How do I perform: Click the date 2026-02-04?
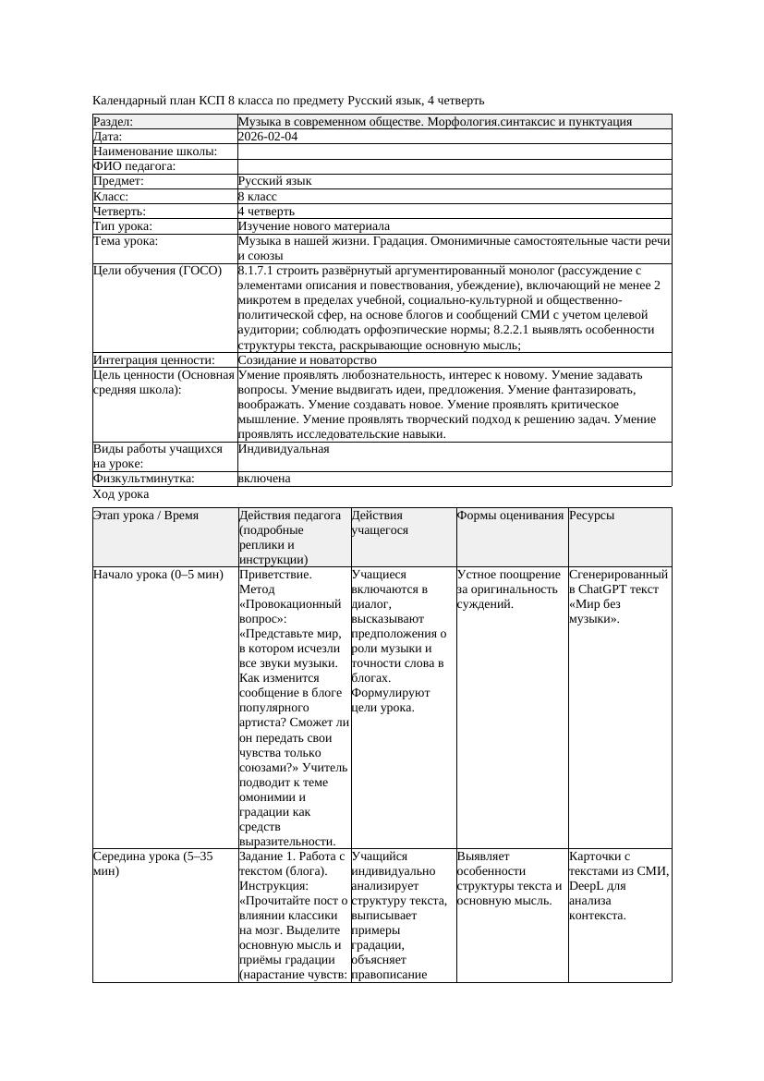coord(267,136)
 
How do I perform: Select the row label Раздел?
coord(113,121)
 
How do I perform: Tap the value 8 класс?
coord(257,196)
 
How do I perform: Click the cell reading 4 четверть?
coord(266,211)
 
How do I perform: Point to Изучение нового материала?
coord(313,225)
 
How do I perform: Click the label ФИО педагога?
coord(134,166)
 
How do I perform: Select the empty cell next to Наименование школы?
coord(453,152)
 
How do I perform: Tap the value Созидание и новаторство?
coord(307,359)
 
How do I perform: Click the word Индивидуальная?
coord(283,449)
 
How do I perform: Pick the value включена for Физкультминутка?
coord(263,479)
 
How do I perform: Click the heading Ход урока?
coord(120,494)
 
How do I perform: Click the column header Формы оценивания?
coord(509,516)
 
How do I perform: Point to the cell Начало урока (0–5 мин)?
coord(158,575)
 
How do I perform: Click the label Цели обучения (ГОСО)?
coord(157,271)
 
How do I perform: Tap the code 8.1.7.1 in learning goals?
coord(259,271)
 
